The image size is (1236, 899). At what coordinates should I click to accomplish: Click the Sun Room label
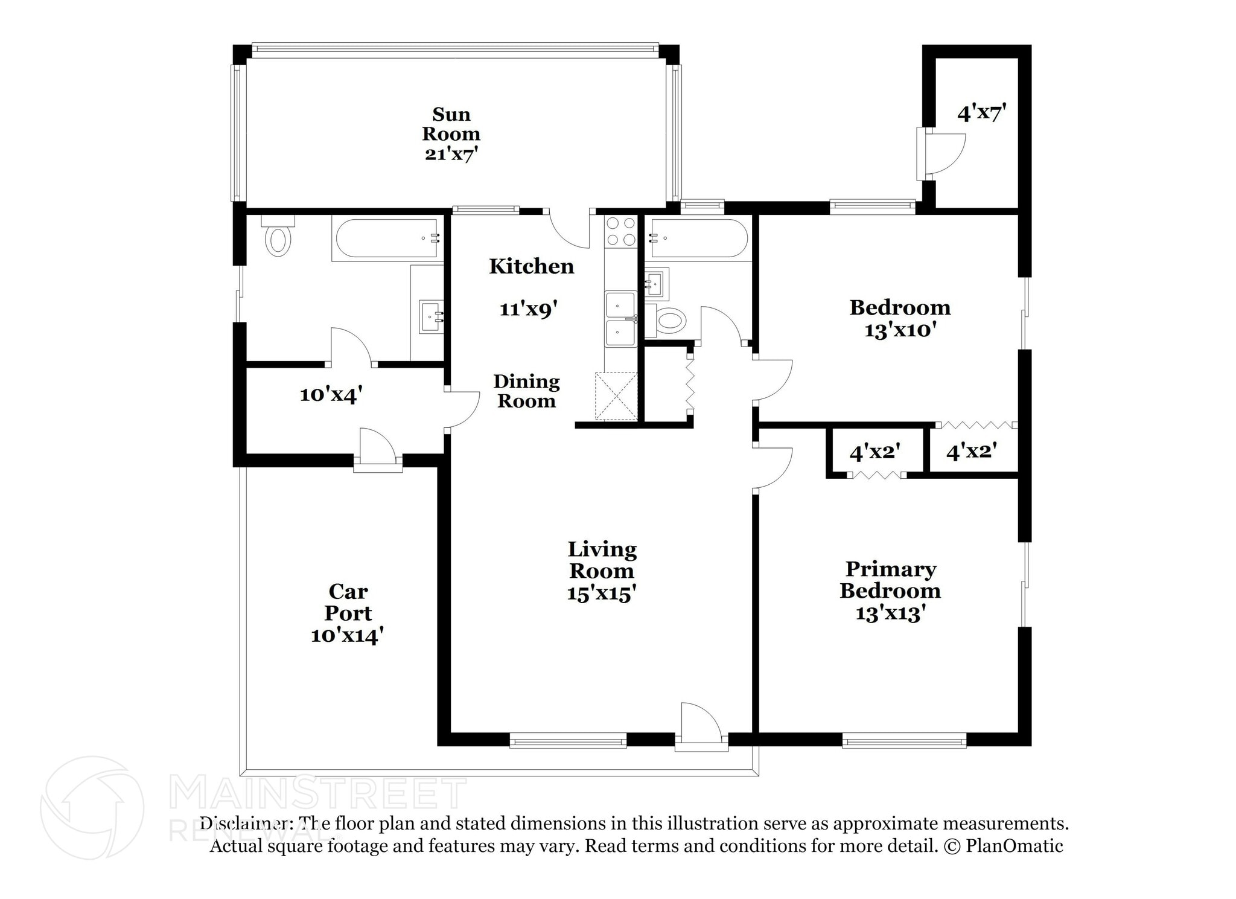click(451, 124)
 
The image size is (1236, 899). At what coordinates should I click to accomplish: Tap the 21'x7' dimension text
click(451, 154)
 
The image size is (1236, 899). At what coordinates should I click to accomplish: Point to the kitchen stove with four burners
click(621, 231)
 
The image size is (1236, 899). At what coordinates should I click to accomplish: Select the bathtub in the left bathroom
click(387, 238)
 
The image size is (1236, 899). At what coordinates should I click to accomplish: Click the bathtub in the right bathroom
click(698, 238)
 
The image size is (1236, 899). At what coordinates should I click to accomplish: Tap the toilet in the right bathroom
click(667, 320)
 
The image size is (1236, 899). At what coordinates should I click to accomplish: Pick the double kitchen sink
click(620, 319)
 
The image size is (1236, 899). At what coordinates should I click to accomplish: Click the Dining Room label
click(526, 391)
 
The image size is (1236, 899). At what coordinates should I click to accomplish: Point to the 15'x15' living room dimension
click(602, 593)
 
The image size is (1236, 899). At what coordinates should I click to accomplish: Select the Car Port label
click(348, 602)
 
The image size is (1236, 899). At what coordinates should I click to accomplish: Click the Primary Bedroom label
click(890, 580)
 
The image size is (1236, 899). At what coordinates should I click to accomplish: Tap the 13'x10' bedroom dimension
click(900, 331)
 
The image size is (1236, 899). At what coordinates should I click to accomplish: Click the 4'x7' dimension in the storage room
click(982, 113)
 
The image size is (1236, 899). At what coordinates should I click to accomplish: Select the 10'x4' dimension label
click(331, 395)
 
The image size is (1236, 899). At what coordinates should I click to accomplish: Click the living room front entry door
click(701, 727)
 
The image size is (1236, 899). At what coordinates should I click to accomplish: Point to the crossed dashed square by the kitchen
click(616, 396)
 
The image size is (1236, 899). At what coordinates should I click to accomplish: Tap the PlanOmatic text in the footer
click(1014, 846)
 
